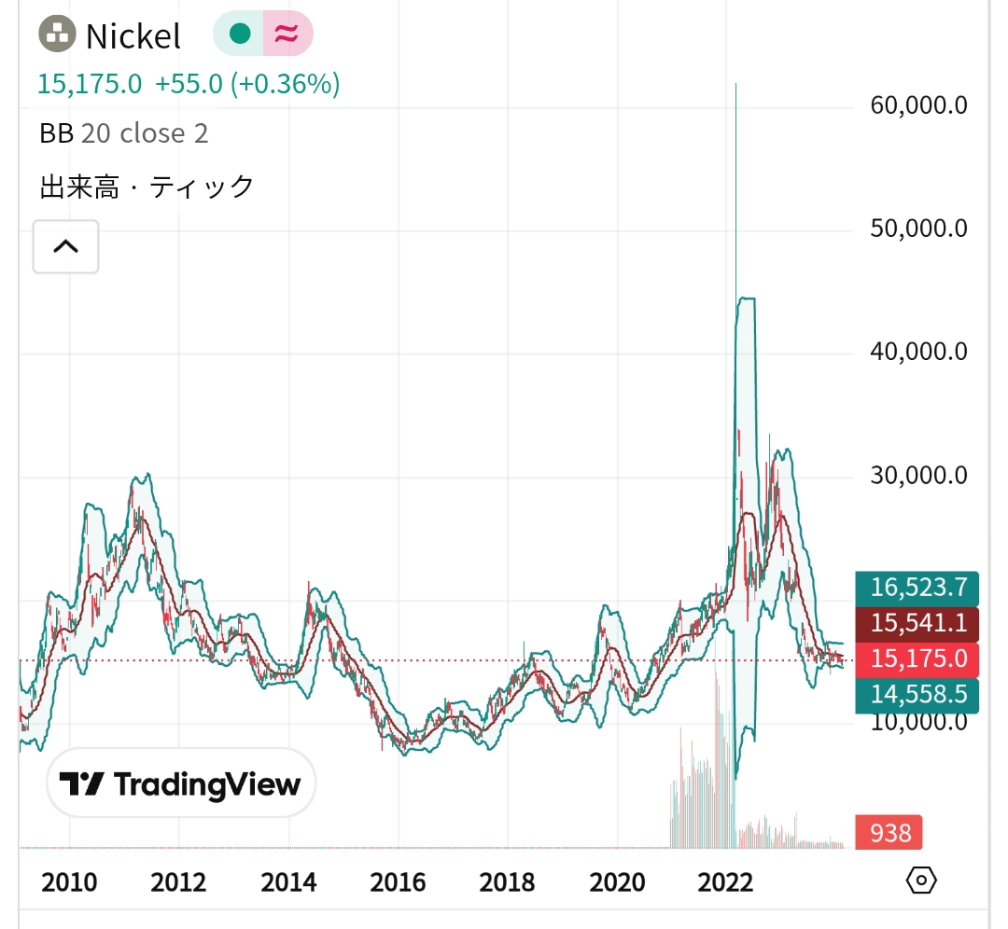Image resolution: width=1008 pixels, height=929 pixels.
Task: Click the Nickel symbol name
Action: (133, 36)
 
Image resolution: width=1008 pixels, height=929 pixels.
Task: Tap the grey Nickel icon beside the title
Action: (57, 35)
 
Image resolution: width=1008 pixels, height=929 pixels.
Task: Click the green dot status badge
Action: (240, 35)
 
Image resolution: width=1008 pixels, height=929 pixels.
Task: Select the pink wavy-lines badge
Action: (287, 35)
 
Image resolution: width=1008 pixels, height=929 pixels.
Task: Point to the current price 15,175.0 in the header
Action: (90, 84)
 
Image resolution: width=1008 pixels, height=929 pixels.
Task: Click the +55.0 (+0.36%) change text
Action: (246, 84)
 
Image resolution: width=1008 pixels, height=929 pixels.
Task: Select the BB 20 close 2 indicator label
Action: (123, 133)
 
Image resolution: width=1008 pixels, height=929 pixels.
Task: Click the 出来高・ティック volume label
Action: (147, 187)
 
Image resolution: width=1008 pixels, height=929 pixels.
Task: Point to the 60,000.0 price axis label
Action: (918, 104)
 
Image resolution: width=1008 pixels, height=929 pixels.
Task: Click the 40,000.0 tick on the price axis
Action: (918, 352)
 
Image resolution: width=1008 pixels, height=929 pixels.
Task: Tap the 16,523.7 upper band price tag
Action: (917, 587)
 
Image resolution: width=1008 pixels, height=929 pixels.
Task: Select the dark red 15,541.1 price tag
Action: (917, 623)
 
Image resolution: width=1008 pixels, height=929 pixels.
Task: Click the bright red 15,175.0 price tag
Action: (917, 659)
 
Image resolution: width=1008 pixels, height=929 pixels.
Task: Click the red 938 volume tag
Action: (889, 831)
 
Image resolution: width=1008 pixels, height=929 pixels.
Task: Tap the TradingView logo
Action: (181, 783)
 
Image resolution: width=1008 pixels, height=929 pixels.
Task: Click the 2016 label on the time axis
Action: (397, 881)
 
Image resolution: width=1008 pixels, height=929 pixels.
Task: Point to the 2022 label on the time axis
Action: (725, 881)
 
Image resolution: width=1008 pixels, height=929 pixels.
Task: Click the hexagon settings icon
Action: (920, 880)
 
